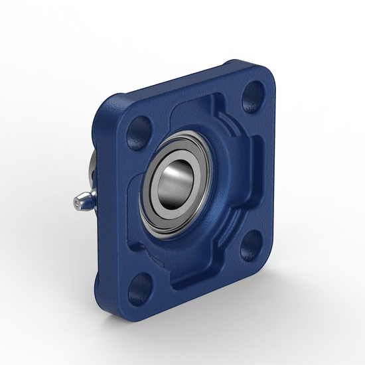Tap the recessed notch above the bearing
199,106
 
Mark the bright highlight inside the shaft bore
174,174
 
